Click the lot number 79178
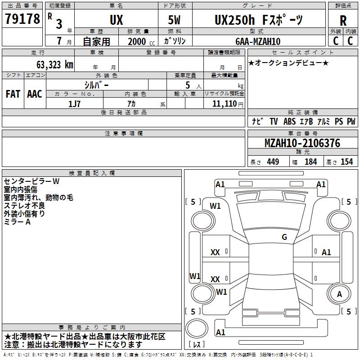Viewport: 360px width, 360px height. point(22,18)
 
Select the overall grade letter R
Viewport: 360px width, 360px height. point(343,21)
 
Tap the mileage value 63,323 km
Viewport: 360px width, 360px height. point(55,65)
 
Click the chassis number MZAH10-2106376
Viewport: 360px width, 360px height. point(302,143)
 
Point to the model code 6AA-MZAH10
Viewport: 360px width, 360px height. point(258,41)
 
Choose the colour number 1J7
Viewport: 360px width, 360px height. point(74,104)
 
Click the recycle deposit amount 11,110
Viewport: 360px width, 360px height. point(224,104)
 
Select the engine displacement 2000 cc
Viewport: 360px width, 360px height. point(141,42)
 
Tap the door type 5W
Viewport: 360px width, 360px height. point(174,20)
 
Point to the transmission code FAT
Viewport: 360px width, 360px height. point(13,94)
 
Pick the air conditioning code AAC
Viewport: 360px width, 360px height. point(35,94)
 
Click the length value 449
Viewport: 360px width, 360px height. point(273,162)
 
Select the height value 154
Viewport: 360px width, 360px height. point(346,162)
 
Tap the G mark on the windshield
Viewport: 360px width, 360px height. point(284,237)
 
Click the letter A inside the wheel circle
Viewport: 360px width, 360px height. point(339,294)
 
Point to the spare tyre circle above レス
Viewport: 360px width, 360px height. point(197,328)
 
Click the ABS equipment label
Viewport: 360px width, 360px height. point(289,121)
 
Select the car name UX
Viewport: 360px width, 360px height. point(117,20)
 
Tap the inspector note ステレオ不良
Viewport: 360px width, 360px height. point(24,206)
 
